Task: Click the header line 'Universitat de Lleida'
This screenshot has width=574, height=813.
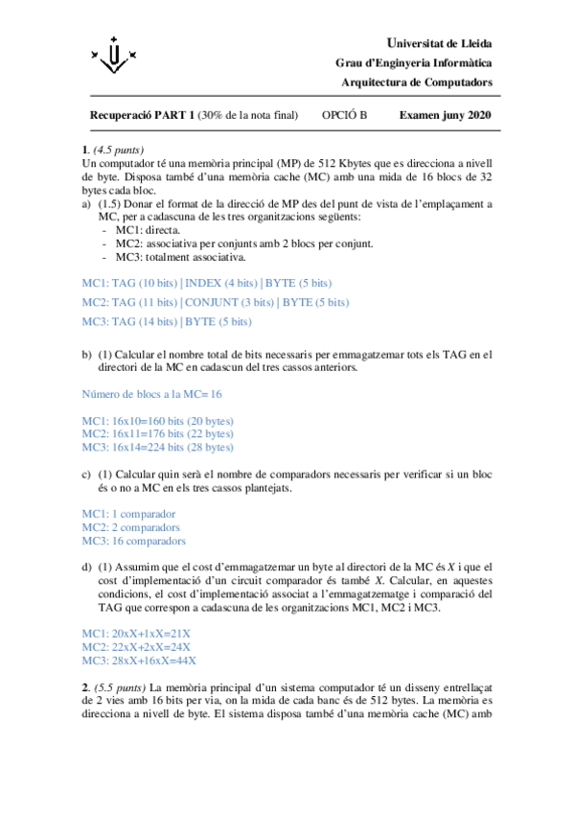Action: click(440, 44)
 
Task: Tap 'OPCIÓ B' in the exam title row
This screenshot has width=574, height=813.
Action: click(345, 115)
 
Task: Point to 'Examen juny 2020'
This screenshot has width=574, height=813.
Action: click(445, 115)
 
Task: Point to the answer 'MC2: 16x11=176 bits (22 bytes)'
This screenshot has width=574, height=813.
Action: click(158, 434)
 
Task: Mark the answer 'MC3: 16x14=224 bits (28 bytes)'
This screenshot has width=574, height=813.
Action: click(158, 448)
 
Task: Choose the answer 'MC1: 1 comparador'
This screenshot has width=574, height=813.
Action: click(128, 514)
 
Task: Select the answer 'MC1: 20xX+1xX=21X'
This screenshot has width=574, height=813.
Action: click(136, 634)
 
